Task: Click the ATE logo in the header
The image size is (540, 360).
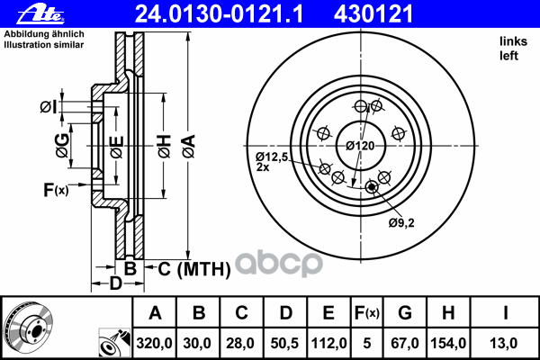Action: [40, 14]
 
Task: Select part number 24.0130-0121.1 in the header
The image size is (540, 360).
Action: [219, 14]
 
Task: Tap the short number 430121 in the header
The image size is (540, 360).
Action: [373, 14]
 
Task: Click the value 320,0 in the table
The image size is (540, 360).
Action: [154, 343]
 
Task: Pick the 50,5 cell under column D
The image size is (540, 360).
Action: [284, 343]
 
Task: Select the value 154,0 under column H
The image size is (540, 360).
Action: [448, 343]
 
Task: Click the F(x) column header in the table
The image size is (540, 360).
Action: [367, 313]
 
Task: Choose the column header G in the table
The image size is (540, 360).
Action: [405, 313]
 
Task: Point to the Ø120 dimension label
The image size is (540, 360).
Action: [360, 146]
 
